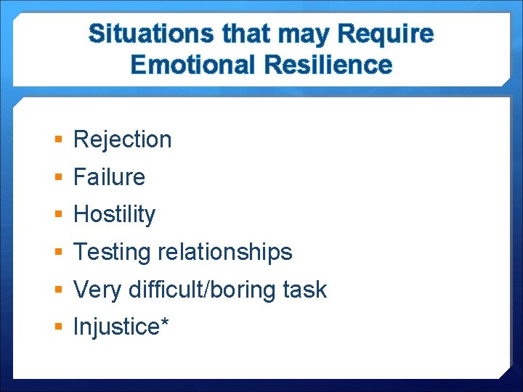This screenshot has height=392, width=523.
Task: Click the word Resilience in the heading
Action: (x=328, y=65)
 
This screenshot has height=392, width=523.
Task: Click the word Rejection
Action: (x=122, y=139)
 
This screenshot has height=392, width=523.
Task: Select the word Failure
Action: (x=109, y=177)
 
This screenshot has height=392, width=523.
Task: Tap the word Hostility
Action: (x=114, y=215)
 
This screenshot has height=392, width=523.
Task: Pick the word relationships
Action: (x=224, y=252)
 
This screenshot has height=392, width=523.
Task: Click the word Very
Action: (x=98, y=290)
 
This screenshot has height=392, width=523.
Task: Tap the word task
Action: (x=304, y=290)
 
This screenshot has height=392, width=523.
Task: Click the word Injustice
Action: (x=116, y=327)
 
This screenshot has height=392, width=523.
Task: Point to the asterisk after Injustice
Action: (x=165, y=323)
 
